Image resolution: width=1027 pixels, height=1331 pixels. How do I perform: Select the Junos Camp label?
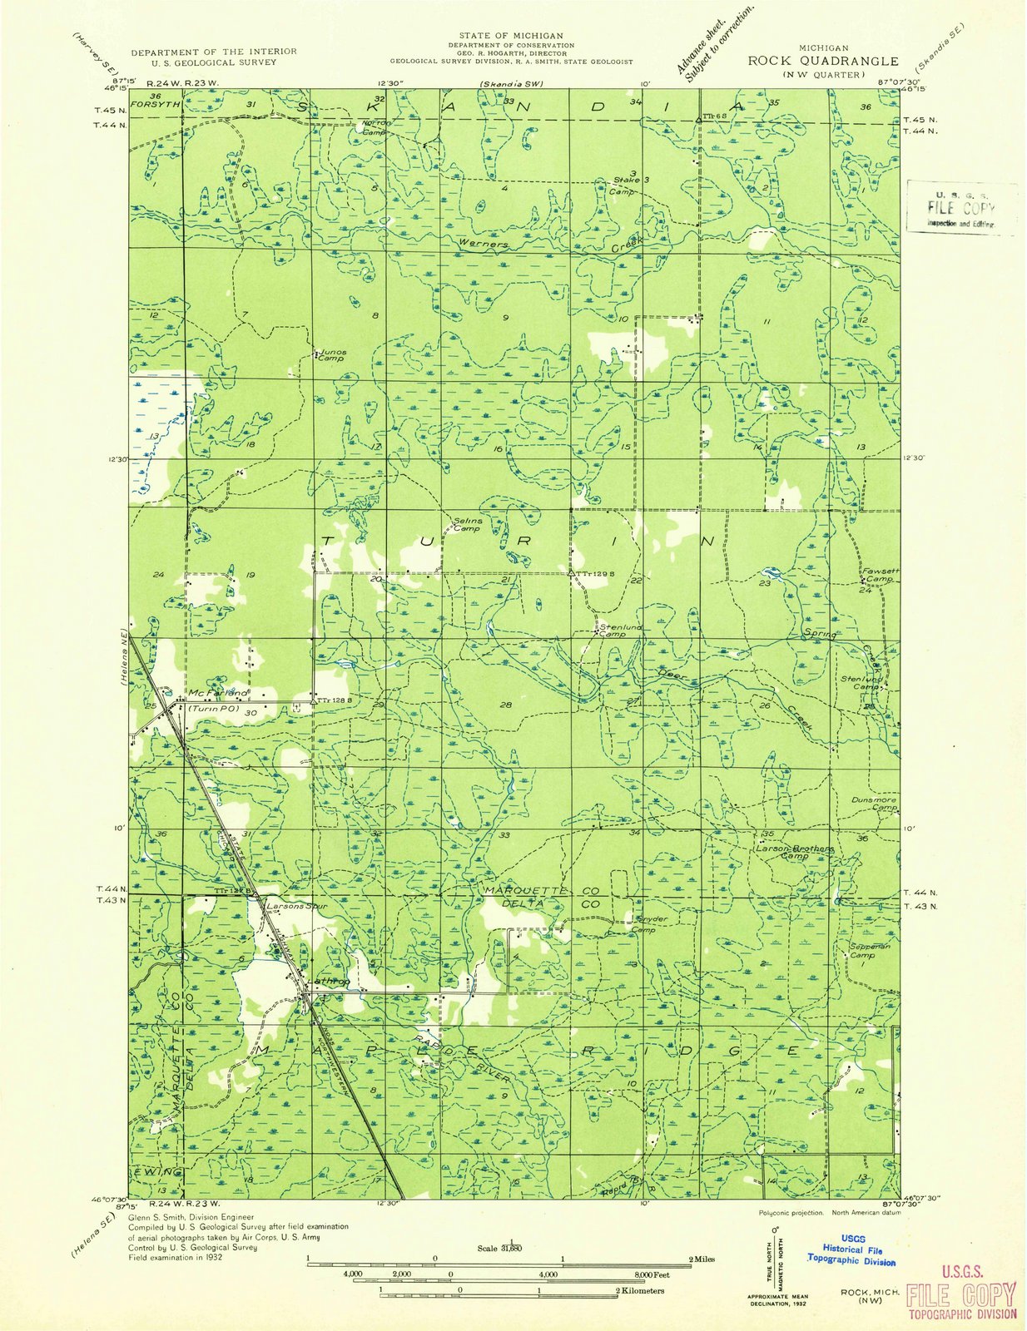(x=331, y=355)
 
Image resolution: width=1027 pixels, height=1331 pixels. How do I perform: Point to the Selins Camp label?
(x=467, y=525)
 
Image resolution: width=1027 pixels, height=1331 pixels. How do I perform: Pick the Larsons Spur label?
(x=291, y=905)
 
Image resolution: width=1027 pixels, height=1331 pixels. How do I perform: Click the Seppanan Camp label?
(x=870, y=951)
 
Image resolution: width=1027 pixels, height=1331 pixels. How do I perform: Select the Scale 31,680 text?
(x=499, y=1248)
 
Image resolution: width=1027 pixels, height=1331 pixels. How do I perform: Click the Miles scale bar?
(x=499, y=1264)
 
